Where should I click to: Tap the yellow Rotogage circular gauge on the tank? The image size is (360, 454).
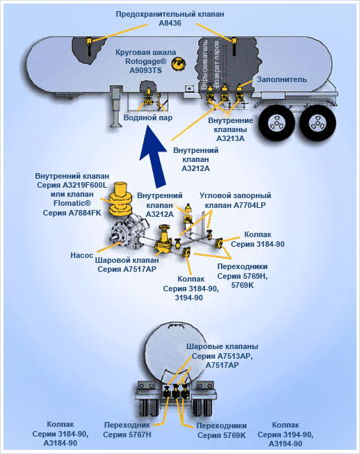coord(178,63)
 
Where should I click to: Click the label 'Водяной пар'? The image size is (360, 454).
coord(148,117)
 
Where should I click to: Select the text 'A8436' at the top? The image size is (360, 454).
coord(170,23)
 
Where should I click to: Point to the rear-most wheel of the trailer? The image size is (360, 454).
coord(318,122)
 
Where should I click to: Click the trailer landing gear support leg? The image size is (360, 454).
coord(115,106)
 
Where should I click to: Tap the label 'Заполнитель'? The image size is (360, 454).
coord(281,80)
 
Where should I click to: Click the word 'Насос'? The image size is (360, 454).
coord(82,255)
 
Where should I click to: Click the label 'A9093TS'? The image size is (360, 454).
coord(145,70)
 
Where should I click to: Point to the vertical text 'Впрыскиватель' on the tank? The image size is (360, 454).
coord(205,65)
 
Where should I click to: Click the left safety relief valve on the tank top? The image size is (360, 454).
coord(90,47)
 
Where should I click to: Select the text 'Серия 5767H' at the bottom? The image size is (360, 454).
coord(127,435)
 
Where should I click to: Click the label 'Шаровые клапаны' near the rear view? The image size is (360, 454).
coord(222,346)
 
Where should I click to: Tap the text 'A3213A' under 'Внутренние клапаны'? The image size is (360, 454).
coord(230,138)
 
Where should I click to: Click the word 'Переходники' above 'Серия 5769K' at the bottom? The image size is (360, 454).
coord(222,425)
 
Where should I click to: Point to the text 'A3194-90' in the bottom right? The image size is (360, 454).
coord(286,444)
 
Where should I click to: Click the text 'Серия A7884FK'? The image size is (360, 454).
coord(72,213)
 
